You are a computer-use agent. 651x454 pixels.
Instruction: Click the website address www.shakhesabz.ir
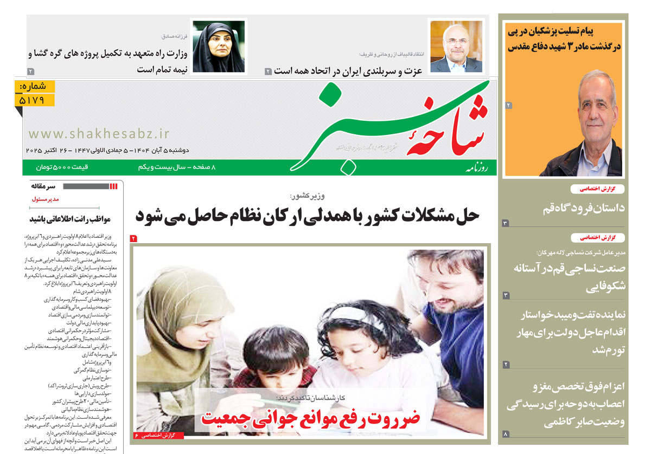[x=99, y=133]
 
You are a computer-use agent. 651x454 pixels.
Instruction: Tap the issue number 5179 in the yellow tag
[x=36, y=100]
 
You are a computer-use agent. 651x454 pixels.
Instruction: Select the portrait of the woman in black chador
[x=218, y=48]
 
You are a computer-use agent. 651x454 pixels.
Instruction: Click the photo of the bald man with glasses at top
[x=456, y=48]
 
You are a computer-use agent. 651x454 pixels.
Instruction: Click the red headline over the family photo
[x=311, y=418]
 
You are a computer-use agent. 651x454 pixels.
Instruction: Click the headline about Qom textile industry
[x=569, y=276]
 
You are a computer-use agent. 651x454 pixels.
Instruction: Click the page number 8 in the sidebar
[x=506, y=434]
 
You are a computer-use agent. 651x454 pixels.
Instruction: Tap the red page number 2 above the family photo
[x=134, y=238]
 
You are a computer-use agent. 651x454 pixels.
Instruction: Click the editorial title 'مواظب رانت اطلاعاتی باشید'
[x=70, y=219]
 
